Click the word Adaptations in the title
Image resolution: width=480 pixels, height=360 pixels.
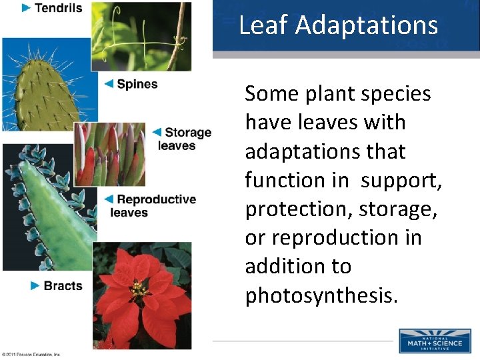pyautogui.click(x=367, y=25)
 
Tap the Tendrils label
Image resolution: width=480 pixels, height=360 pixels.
pyautogui.click(x=58, y=8)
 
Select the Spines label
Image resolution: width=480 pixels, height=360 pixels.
pyautogui.click(x=137, y=84)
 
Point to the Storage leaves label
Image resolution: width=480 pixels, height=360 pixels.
pyautogui.click(x=184, y=139)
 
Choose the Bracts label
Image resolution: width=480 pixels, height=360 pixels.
pyautogui.click(x=63, y=285)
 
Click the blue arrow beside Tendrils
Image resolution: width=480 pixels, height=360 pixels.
pyautogui.click(x=27, y=8)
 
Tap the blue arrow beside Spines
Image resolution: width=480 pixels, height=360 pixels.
pyautogui.click(x=109, y=84)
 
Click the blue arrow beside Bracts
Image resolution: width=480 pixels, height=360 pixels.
pyautogui.click(x=35, y=285)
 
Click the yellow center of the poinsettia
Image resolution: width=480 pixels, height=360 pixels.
pyautogui.click(x=139, y=289)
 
